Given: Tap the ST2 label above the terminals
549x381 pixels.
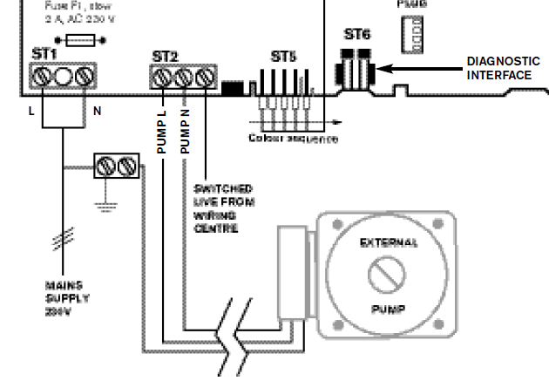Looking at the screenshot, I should (164, 57).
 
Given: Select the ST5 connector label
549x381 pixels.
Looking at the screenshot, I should (282, 57).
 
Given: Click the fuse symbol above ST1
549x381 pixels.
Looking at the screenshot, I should (80, 39).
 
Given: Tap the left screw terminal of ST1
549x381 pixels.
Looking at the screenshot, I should (41, 78).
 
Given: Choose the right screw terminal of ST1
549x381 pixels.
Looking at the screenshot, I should (83, 78).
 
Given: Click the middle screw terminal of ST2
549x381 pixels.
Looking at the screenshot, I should (184, 79).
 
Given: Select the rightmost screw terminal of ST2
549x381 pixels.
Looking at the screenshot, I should (205, 79).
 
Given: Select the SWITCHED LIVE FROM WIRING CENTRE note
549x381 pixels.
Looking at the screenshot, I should (223, 208).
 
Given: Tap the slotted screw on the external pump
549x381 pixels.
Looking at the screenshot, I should (386, 276).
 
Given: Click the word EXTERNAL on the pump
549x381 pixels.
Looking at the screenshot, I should (389, 243).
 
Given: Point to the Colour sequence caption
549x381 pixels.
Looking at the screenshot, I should (293, 139).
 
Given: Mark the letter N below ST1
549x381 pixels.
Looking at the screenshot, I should (85, 111).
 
